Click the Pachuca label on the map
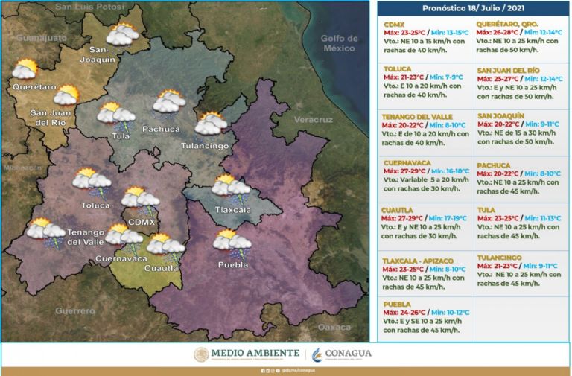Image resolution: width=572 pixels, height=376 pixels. tap(160, 128)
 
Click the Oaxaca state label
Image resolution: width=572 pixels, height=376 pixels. tap(333, 327)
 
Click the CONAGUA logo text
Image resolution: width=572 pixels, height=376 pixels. tap(347, 353)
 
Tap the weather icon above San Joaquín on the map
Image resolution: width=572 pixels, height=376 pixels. tap(121, 34)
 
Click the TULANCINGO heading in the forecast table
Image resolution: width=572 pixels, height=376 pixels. tap(499, 255)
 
